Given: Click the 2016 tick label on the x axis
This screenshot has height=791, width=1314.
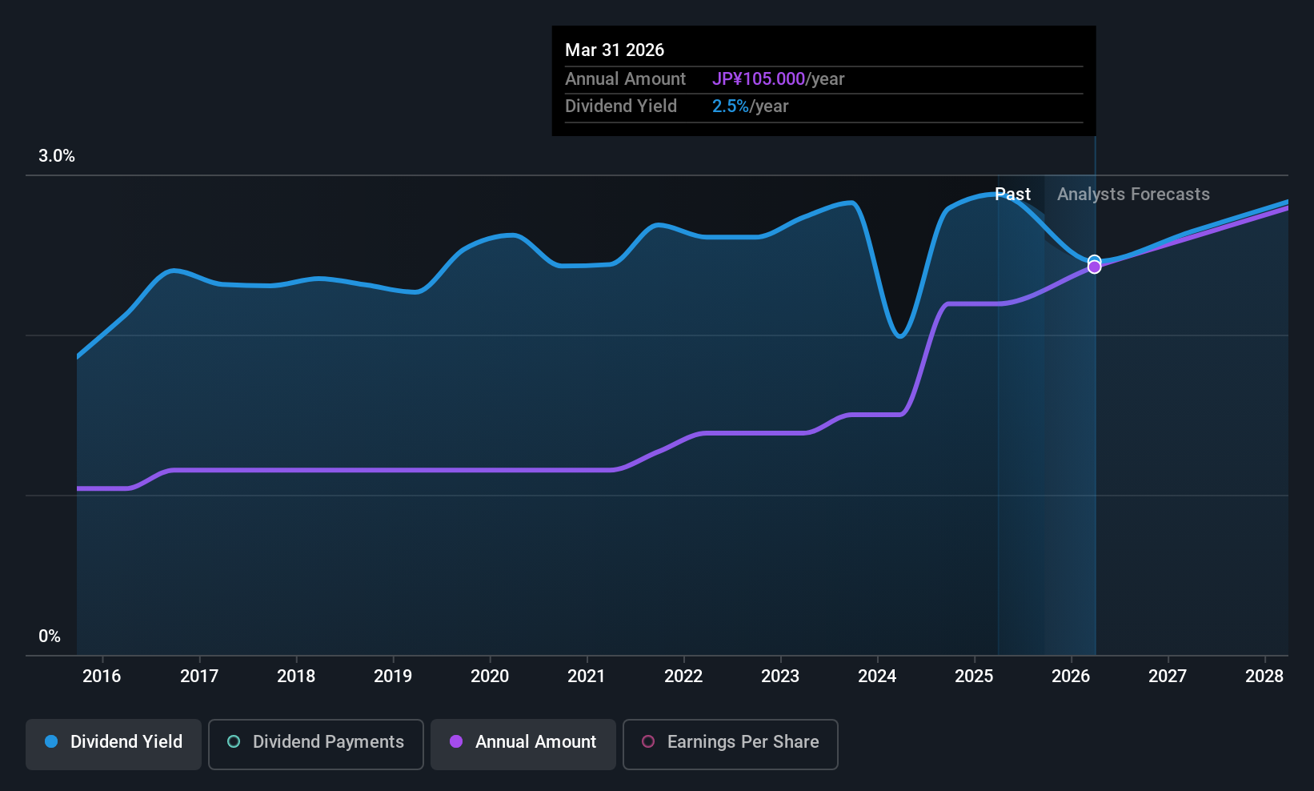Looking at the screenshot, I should click(102, 677).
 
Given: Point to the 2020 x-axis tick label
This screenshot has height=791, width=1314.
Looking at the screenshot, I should click(489, 677).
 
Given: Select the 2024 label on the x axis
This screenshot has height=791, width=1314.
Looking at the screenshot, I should click(876, 677).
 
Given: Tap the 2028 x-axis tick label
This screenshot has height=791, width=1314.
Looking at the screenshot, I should click(1264, 677).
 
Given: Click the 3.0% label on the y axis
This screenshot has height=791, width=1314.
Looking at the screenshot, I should click(56, 156).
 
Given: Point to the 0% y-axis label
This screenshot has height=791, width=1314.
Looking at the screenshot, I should click(49, 636).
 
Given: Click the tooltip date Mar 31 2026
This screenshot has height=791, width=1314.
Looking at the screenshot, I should click(614, 50).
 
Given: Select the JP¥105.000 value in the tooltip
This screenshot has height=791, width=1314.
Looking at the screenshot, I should click(758, 79).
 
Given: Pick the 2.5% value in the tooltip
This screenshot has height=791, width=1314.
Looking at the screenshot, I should click(730, 106).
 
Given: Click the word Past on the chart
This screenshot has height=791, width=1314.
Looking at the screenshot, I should click(1012, 195).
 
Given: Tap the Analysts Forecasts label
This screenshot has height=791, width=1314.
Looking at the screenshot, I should click(1132, 195).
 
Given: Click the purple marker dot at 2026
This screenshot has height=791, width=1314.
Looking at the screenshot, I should click(1094, 267).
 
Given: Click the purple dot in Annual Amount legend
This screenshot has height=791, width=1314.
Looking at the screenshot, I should click(456, 742).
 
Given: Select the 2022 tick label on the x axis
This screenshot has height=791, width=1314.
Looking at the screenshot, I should click(683, 677).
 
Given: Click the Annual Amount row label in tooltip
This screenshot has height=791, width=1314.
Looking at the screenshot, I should click(625, 79).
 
